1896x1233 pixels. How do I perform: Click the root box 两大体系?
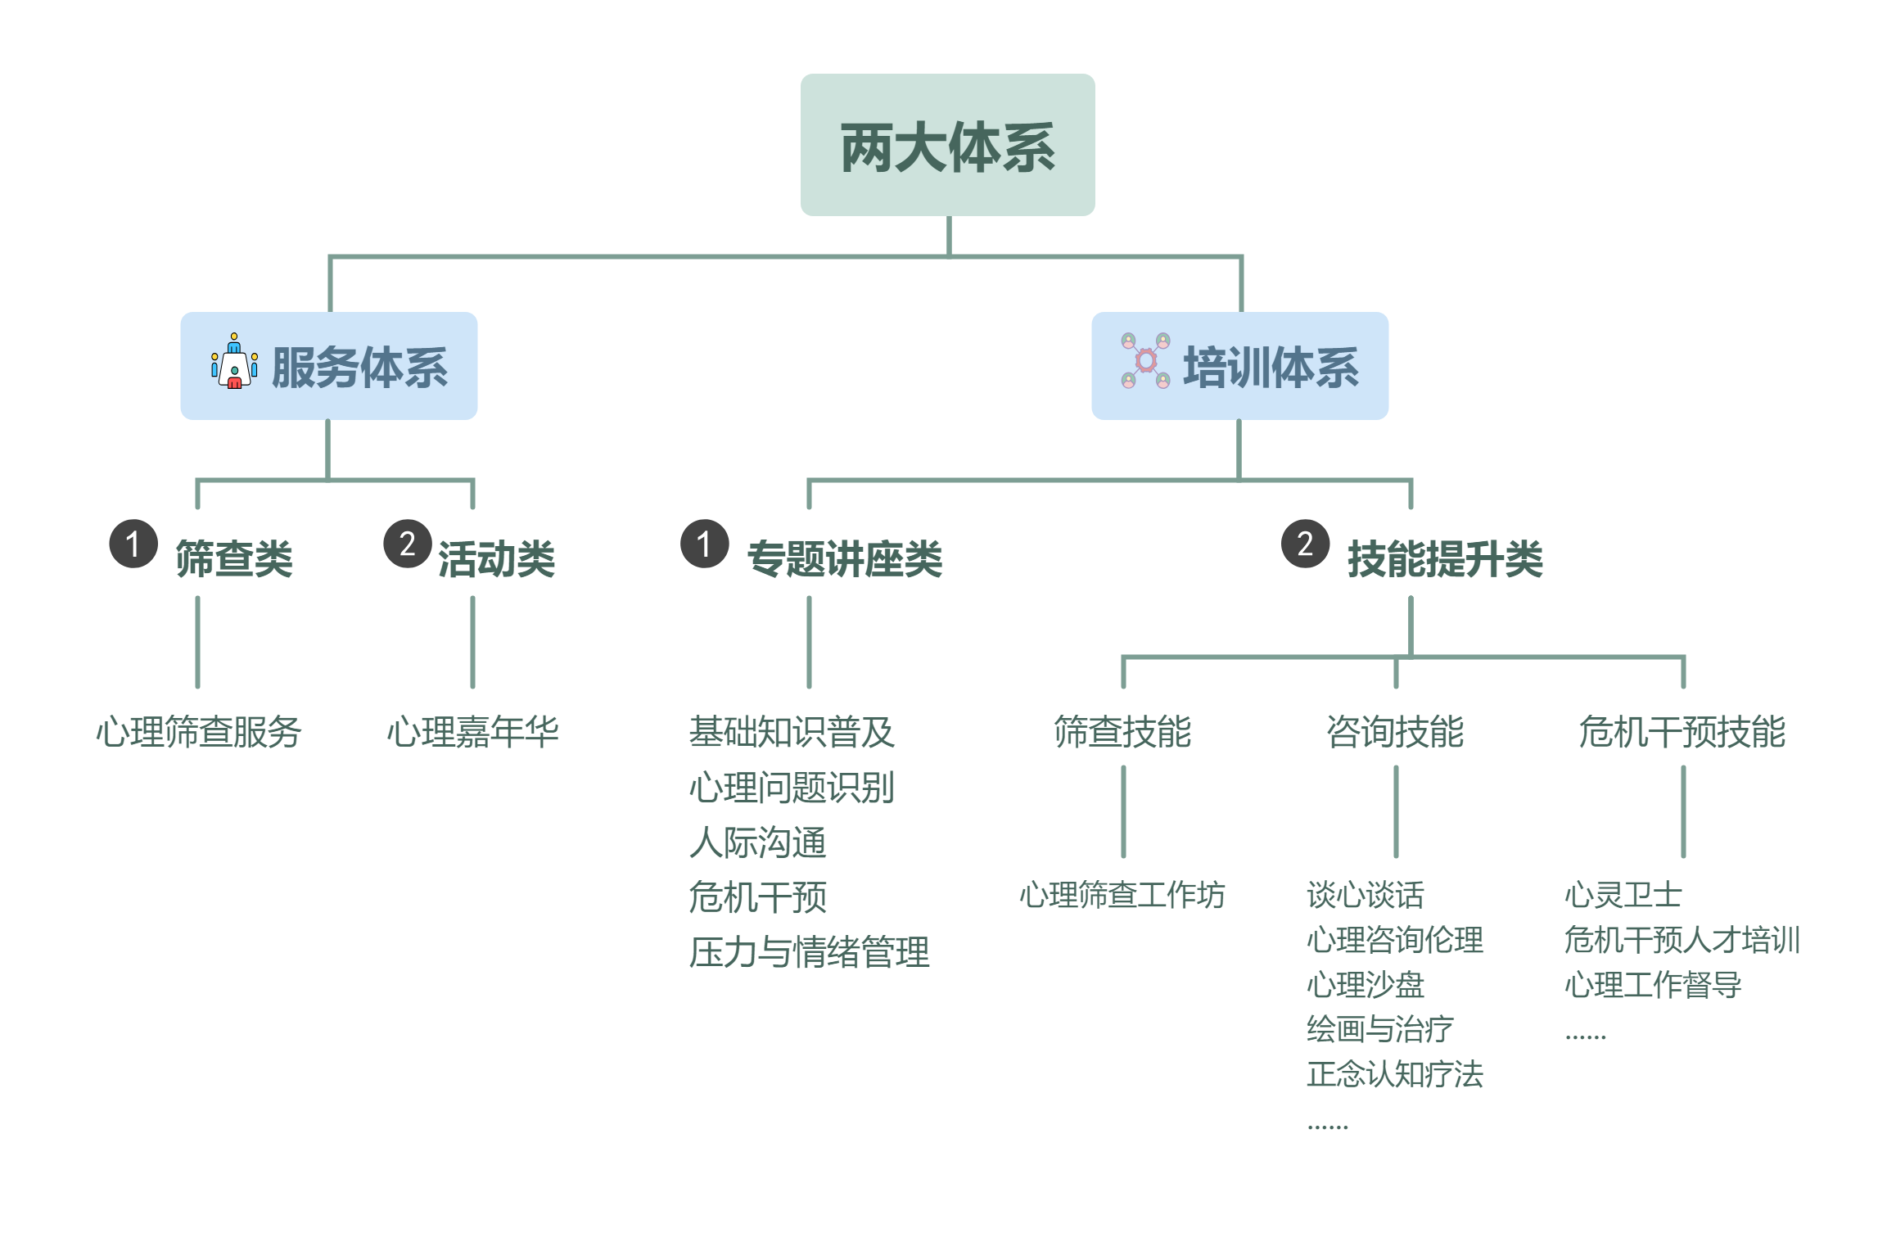[x=947, y=146]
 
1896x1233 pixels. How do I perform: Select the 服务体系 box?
[x=329, y=366]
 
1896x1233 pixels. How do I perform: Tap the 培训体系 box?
[x=1239, y=366]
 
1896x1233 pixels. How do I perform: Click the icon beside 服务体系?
[x=234, y=361]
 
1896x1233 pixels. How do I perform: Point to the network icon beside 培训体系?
[x=1145, y=361]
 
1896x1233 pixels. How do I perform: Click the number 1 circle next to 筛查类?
[x=133, y=544]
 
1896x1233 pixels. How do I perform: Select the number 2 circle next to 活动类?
[x=408, y=544]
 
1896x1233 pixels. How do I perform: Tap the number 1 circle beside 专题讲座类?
[x=704, y=544]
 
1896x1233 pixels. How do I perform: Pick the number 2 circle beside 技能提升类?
[x=1305, y=544]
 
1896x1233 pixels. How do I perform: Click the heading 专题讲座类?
[x=844, y=559]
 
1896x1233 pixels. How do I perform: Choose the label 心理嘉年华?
[x=472, y=732]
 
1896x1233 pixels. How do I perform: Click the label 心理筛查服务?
[x=198, y=732]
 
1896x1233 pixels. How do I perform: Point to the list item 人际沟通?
[x=757, y=842]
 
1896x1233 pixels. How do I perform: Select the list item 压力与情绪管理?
[x=809, y=952]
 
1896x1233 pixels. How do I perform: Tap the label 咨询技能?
[x=1395, y=732]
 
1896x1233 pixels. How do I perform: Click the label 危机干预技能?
[x=1682, y=732]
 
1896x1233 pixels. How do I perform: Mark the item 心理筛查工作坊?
[x=1122, y=895]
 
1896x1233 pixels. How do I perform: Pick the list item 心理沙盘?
[x=1366, y=985]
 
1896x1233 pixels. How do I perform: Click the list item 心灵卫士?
[x=1623, y=895]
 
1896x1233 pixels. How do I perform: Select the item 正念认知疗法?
[x=1395, y=1074]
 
